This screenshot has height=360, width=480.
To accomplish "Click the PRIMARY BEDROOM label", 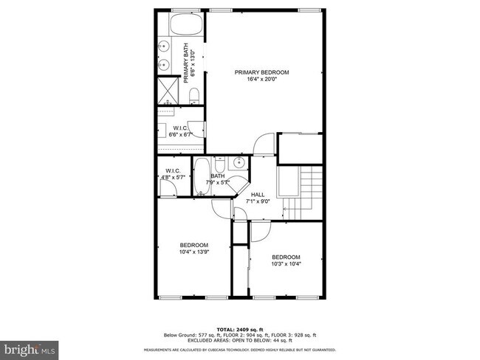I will coord(261,72).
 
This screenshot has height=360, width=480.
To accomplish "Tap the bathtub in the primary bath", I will coord(181,26).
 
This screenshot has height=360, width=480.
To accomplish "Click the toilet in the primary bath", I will coord(193,96).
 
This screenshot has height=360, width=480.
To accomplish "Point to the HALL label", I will coord(257,195).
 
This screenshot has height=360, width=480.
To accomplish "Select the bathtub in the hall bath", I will coord(202,178).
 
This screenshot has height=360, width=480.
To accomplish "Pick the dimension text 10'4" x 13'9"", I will coord(194,252).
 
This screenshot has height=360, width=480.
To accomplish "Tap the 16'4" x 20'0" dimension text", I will coord(261,80).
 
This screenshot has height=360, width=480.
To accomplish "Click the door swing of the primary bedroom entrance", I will coord(263,145).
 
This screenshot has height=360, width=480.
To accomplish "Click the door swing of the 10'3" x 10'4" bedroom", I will coord(259,232).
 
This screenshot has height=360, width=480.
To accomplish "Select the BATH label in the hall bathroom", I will coord(217,176).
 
